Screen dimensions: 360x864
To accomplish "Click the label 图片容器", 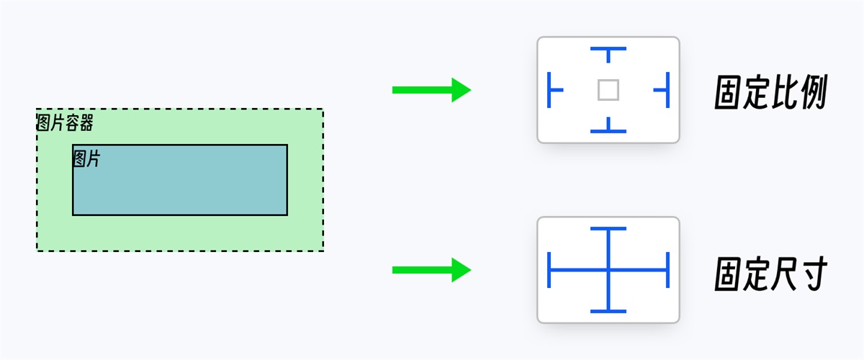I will click(x=65, y=123).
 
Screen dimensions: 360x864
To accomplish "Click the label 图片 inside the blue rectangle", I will click(x=86, y=159).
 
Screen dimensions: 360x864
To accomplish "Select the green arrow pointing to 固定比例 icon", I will click(x=431, y=90).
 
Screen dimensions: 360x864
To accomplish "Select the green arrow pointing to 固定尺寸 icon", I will click(x=431, y=271).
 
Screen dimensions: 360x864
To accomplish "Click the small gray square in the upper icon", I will click(x=608, y=90).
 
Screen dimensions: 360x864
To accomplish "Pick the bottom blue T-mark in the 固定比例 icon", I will click(x=608, y=128).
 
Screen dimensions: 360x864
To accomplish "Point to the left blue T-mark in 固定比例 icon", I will click(x=553, y=90).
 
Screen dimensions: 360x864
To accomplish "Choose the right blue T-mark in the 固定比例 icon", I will click(x=664, y=90).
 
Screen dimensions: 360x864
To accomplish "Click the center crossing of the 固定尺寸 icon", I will click(x=608, y=271).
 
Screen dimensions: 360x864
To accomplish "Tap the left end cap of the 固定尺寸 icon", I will click(x=549, y=271).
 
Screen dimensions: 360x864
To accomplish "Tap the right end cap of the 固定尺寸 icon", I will click(x=668, y=271).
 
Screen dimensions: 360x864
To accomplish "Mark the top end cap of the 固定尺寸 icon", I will click(x=608, y=229).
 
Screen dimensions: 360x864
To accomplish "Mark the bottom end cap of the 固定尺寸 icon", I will click(x=608, y=311).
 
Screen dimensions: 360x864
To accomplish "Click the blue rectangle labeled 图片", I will click(x=180, y=187).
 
